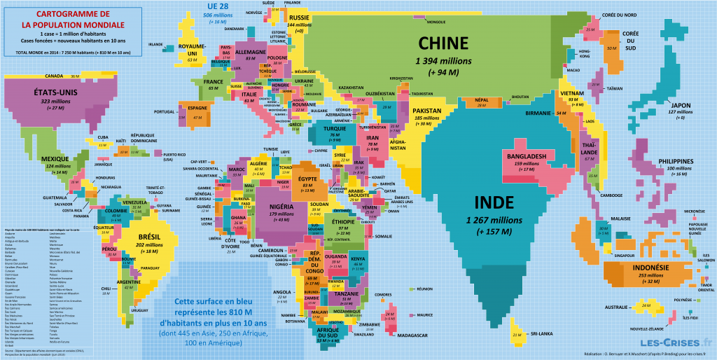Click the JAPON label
pos(681,105)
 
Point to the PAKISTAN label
pos(426,111)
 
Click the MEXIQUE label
pos(55,158)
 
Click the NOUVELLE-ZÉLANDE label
pos(647,328)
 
